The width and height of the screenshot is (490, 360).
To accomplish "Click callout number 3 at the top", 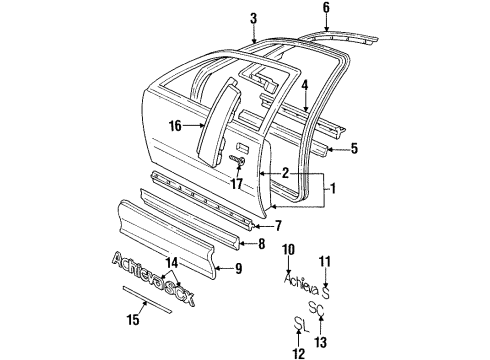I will click(253, 18).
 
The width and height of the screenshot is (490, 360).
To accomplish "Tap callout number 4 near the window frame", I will click(304, 85).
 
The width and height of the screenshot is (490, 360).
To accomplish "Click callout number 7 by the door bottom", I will click(278, 226).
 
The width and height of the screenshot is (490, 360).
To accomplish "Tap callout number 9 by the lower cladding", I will click(238, 268).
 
